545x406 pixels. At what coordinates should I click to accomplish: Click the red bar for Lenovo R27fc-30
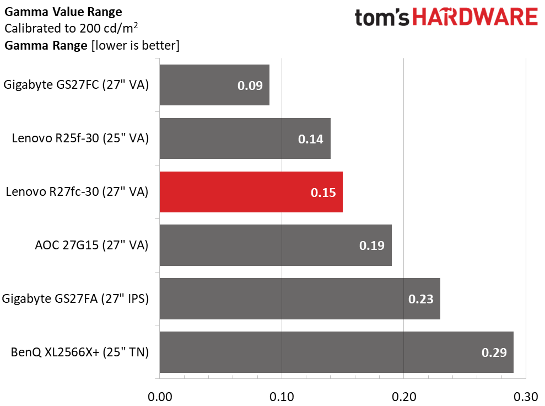click(251, 192)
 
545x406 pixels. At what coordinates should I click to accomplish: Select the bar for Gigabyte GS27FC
click(214, 85)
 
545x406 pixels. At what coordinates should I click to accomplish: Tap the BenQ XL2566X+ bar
click(337, 352)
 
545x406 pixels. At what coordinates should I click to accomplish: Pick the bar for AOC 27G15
click(276, 245)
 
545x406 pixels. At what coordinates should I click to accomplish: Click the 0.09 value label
click(250, 86)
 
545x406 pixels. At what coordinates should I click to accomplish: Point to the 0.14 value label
click(311, 139)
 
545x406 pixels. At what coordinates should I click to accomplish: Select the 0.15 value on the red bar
click(323, 193)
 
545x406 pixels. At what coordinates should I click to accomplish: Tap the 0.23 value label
click(421, 299)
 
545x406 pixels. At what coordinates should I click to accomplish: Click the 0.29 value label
click(494, 353)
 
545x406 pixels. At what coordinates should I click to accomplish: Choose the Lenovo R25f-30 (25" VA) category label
click(80, 138)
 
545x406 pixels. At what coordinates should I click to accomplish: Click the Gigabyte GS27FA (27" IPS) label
click(75, 299)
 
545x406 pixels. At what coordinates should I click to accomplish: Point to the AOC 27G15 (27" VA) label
click(92, 245)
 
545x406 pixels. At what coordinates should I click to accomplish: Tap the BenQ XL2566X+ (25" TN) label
click(80, 352)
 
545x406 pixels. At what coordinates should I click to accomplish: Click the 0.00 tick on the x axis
click(160, 397)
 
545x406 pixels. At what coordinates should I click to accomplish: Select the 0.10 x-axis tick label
click(282, 397)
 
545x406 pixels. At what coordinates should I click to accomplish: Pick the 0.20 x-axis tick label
click(404, 397)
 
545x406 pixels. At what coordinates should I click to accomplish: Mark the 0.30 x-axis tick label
click(526, 397)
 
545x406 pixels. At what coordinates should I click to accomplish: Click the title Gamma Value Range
click(63, 12)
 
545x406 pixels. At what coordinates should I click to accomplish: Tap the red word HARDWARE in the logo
click(475, 17)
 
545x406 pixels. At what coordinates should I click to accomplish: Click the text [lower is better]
click(135, 46)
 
